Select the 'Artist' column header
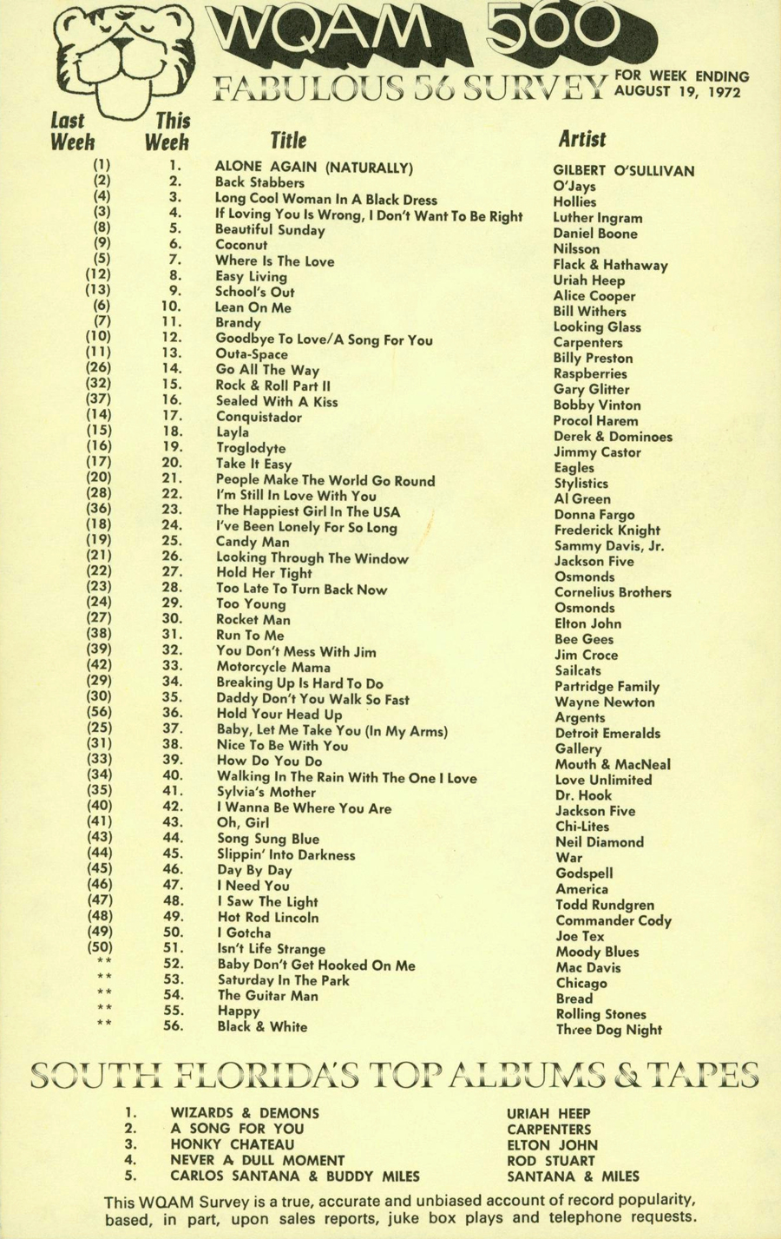coord(582,139)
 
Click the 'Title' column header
coord(288,141)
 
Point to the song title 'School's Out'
coord(255,293)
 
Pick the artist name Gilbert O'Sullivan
coord(624,171)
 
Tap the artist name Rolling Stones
coord(601,1014)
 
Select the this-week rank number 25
coord(172,540)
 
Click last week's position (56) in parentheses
coord(100,712)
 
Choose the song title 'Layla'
coord(233,432)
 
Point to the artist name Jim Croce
coord(587,655)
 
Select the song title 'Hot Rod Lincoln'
coord(267,917)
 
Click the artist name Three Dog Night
coord(608,1030)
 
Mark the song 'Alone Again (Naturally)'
coord(313,168)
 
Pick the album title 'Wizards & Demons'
coord(245,1113)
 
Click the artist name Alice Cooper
coord(594,296)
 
